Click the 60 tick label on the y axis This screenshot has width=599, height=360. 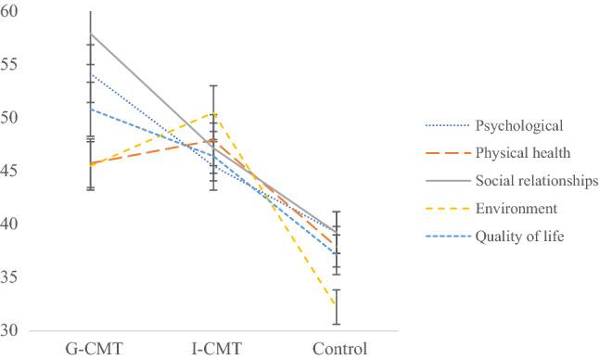14,12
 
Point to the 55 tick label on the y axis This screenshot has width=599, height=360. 14,65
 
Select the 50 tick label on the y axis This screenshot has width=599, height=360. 14,118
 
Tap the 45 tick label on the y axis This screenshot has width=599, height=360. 14,171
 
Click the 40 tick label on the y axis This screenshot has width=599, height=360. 14,225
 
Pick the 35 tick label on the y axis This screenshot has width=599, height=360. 14,277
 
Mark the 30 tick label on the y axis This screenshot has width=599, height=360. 14,330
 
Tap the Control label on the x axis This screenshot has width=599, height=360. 340,350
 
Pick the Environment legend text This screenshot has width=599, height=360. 515,209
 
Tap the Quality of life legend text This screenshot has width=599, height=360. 519,237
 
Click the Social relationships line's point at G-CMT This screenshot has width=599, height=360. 91,33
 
